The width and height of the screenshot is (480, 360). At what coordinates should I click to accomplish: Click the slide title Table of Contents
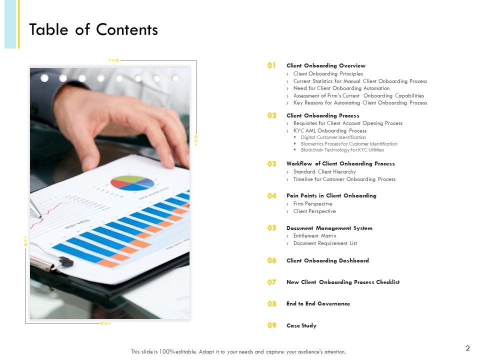click(93, 30)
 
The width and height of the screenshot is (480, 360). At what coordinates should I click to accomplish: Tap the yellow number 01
click(271, 65)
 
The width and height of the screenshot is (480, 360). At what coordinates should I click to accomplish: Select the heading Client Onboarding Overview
click(325, 65)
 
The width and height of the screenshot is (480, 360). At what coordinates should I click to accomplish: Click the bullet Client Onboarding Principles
click(328, 73)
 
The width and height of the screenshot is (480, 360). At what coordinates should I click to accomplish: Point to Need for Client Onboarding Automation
click(341, 88)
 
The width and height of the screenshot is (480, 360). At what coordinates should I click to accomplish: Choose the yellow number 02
click(271, 115)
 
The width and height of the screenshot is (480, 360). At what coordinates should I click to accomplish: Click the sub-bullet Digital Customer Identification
click(333, 137)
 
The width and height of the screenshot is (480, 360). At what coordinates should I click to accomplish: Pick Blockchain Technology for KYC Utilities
click(342, 149)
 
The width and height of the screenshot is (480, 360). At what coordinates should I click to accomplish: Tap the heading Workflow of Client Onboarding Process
click(340, 163)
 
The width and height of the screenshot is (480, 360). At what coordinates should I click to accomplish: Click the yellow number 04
click(271, 196)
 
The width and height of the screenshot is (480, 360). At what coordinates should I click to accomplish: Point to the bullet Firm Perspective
click(312, 203)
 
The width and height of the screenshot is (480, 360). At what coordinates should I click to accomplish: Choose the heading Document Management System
click(329, 228)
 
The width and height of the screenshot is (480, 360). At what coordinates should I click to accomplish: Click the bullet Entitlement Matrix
click(314, 235)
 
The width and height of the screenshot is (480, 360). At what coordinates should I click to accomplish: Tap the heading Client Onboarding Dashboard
click(327, 260)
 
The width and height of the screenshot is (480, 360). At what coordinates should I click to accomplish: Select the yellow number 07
click(271, 282)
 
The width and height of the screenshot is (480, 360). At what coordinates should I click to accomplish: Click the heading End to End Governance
click(318, 303)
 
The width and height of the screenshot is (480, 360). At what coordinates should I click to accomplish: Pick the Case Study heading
click(301, 325)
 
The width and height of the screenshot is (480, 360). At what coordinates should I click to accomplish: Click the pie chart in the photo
click(132, 182)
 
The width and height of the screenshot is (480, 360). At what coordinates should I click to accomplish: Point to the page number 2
click(467, 348)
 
